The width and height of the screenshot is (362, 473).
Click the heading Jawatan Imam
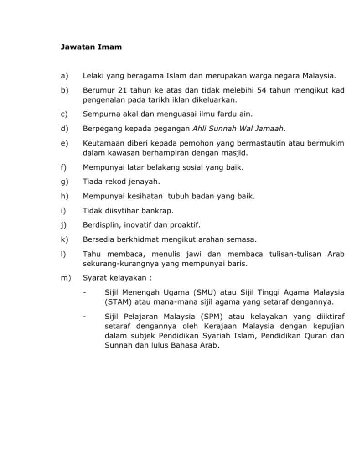click(x=91, y=47)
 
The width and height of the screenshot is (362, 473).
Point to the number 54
click(x=261, y=90)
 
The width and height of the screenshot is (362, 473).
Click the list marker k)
click(x=64, y=239)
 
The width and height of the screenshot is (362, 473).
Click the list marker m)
click(x=65, y=278)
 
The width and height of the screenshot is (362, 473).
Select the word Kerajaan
click(x=219, y=326)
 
